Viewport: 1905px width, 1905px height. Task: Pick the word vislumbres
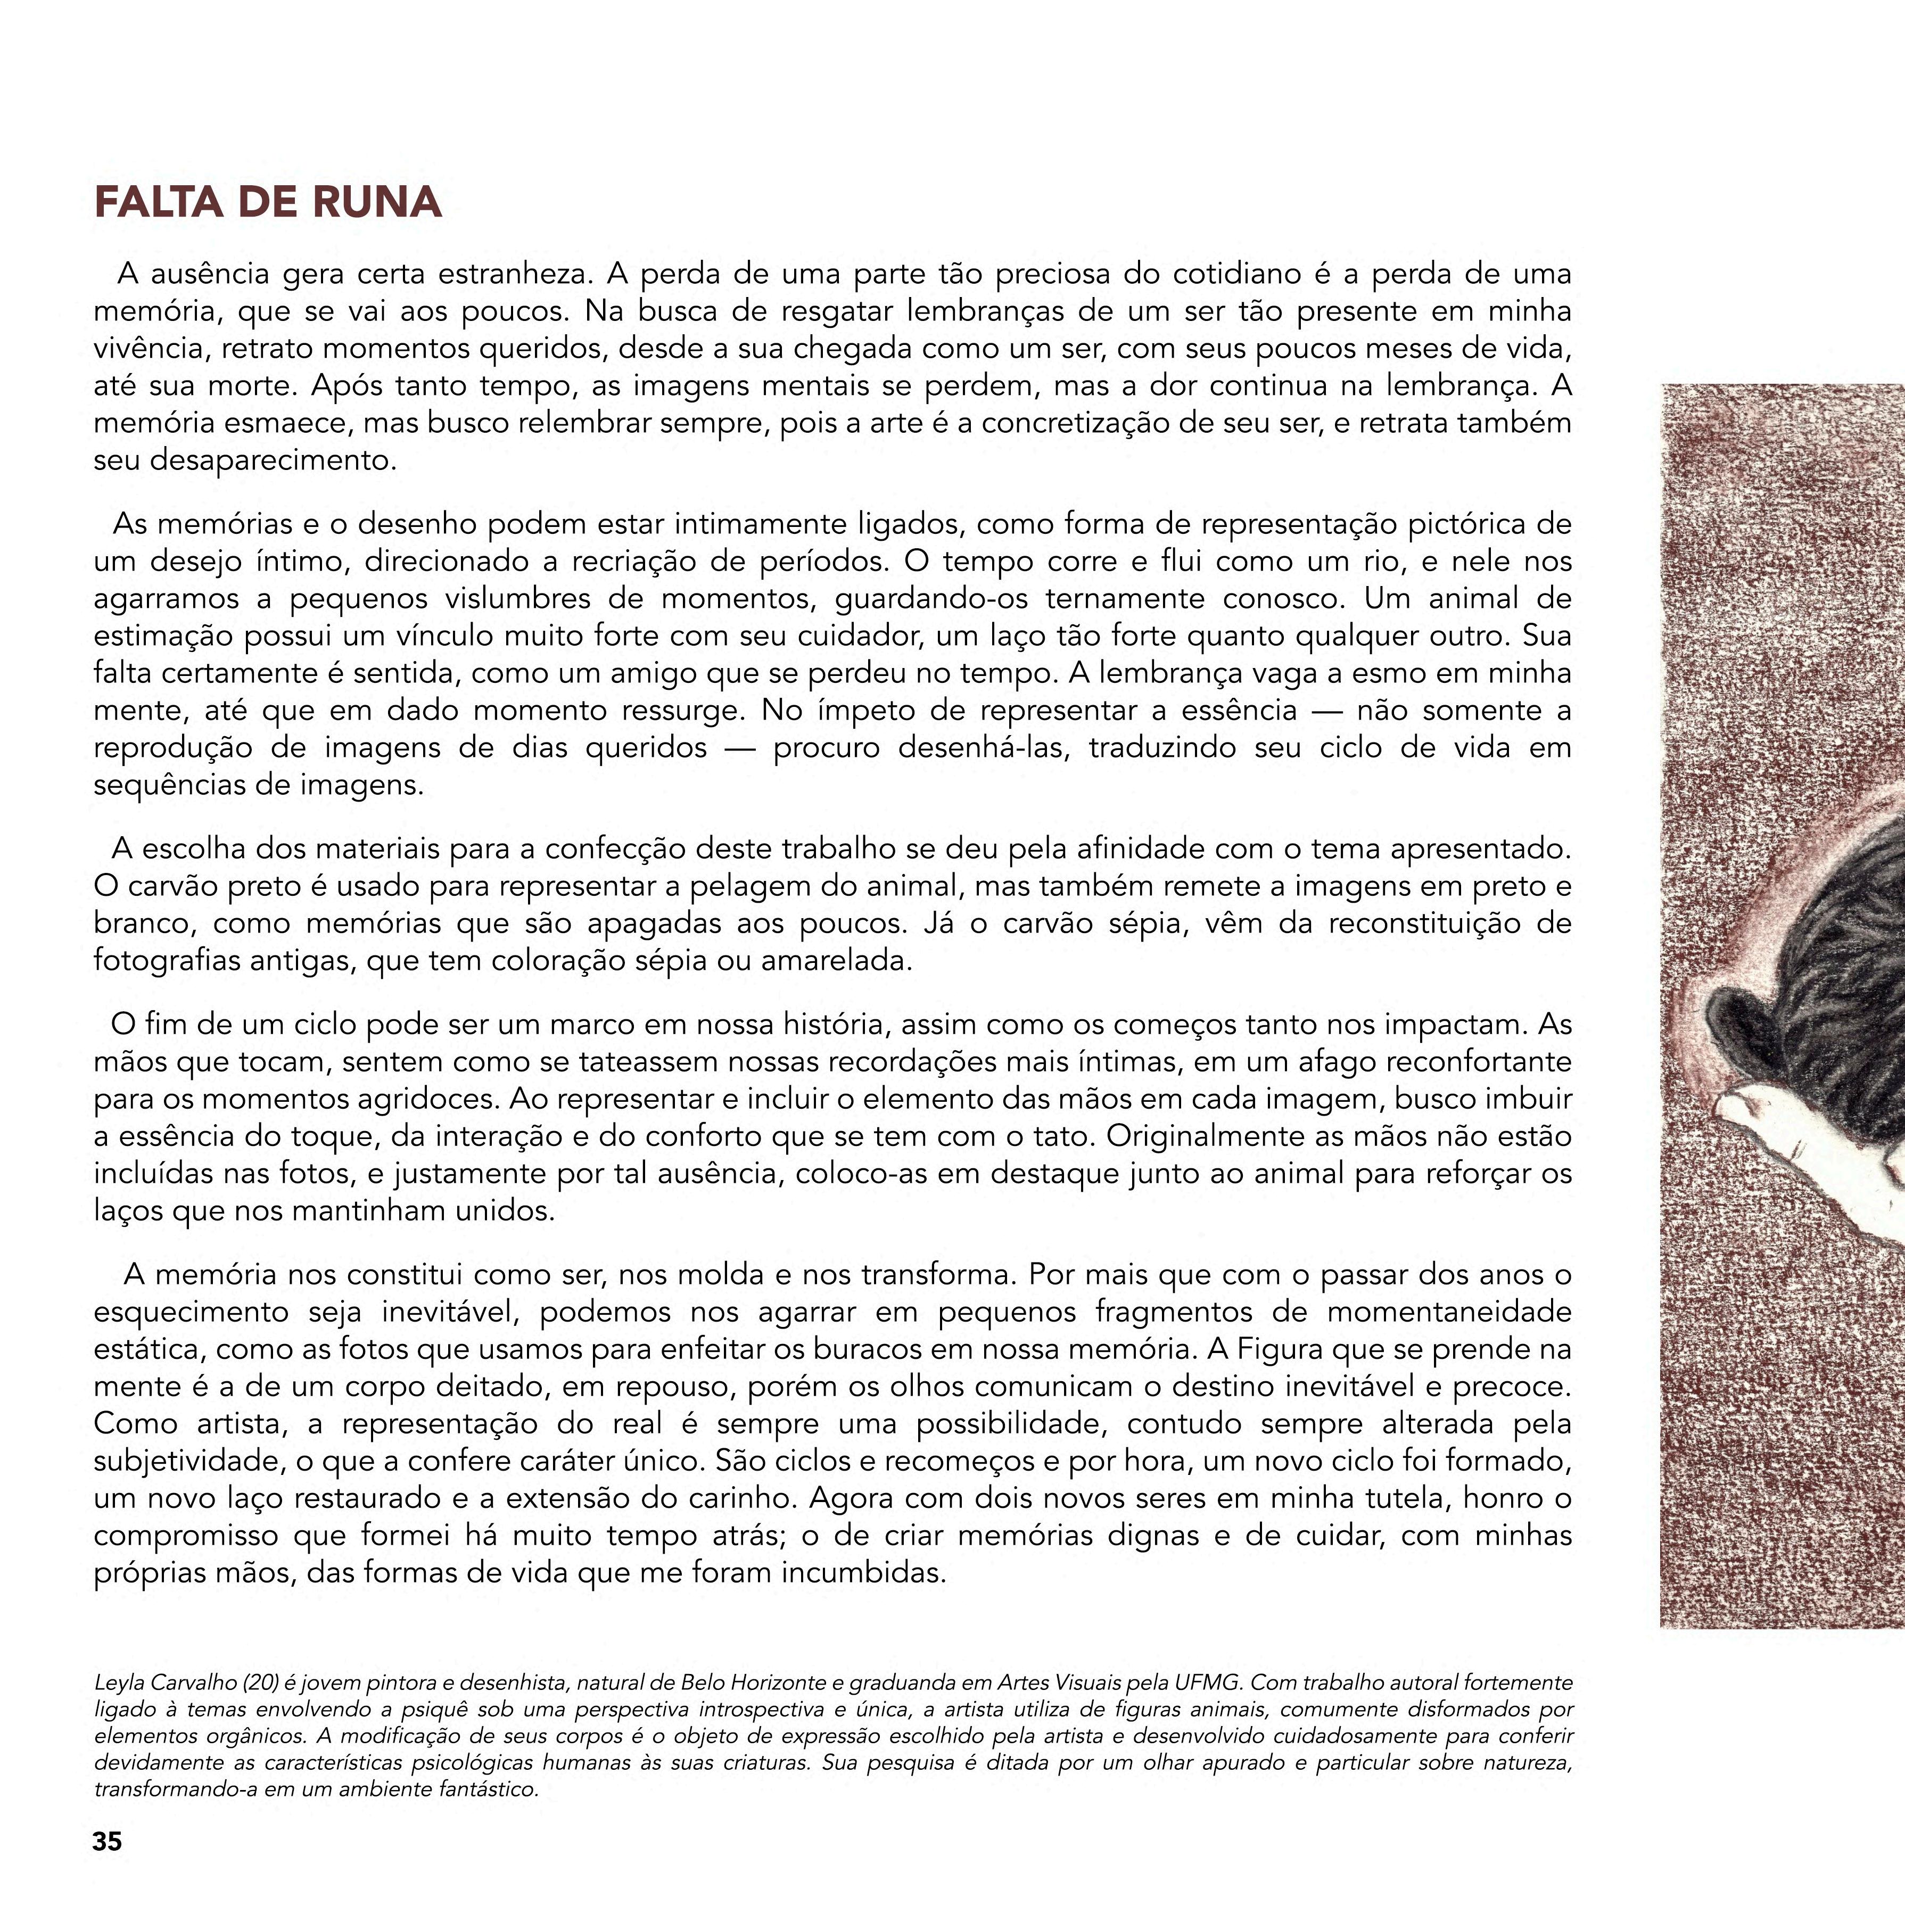(543, 598)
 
